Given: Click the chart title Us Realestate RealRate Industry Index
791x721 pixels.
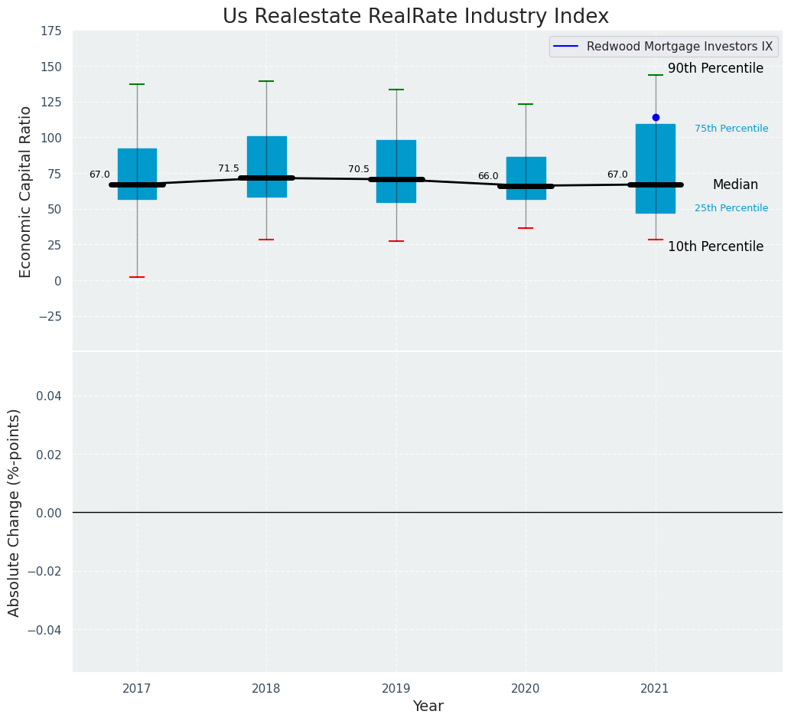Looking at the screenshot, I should click(415, 17).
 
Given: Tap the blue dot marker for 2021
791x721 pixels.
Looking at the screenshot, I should click(656, 117).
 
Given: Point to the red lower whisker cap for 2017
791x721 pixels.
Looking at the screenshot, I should click(137, 277).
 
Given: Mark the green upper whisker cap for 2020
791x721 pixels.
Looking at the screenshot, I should click(526, 104).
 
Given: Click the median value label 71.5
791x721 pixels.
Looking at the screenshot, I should click(229, 168).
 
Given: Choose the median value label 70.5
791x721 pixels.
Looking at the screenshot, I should click(359, 169).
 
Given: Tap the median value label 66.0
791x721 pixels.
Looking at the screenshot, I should click(488, 176).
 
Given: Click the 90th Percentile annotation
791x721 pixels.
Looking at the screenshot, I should click(715, 69).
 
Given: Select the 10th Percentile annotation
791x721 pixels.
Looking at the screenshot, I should click(715, 246).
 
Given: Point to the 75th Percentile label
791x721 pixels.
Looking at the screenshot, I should click(731, 129).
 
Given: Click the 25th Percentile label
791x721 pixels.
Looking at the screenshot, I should click(731, 208).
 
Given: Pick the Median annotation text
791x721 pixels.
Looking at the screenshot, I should click(735, 185).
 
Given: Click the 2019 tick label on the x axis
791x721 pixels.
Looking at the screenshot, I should click(396, 689).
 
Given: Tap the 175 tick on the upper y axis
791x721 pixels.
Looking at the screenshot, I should click(51, 31).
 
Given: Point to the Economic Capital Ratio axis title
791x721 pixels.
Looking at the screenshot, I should click(26, 191).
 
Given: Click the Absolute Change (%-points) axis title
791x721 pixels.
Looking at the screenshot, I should click(15, 512).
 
